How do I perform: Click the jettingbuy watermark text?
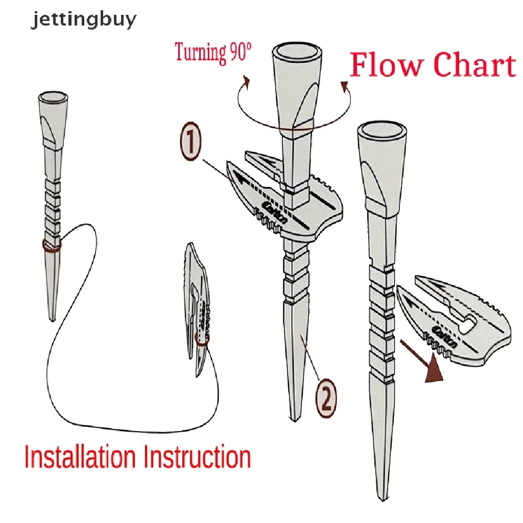[84, 20]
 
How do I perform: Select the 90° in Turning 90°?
[237, 53]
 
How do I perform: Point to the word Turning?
[200, 53]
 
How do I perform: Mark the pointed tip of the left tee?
[52, 319]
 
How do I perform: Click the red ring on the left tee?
[52, 246]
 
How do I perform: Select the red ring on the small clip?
[202, 340]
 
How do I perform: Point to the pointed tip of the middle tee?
[295, 419]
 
